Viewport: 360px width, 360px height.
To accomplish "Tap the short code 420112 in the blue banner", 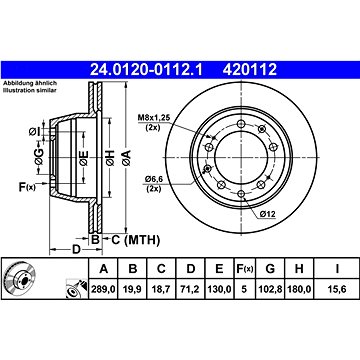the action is pyautogui.click(x=250, y=70).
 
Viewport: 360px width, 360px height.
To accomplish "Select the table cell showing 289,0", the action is pyautogui.click(x=103, y=289).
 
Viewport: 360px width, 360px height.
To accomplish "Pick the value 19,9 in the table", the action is pyautogui.click(x=132, y=289).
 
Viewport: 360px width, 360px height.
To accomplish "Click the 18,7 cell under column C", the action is pyautogui.click(x=161, y=289).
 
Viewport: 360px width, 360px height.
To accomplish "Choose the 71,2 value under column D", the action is pyautogui.click(x=190, y=289).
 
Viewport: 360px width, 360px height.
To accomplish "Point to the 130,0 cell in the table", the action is pyautogui.click(x=219, y=289).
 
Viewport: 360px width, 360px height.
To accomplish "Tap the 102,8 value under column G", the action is pyautogui.click(x=270, y=289).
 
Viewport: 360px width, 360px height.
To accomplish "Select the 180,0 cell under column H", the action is pyautogui.click(x=299, y=289).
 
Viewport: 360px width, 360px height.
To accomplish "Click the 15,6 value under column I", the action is pyautogui.click(x=337, y=289).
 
